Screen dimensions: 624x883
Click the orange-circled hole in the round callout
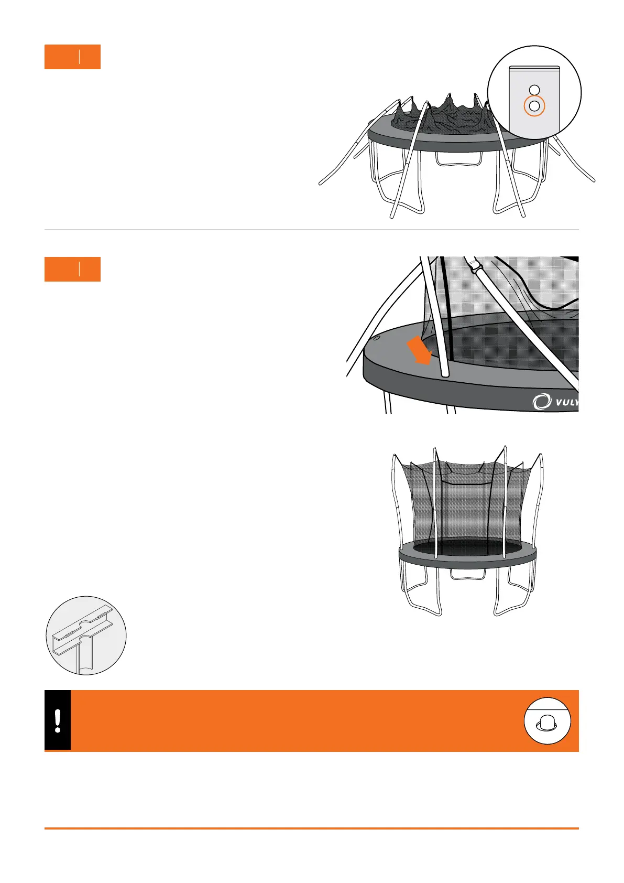pos(534,106)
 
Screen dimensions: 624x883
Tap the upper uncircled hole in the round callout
pos(534,90)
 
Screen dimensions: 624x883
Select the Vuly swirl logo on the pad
pos(541,402)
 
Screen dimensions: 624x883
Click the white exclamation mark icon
pos(58,721)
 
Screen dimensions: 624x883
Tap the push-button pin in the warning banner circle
pos(548,723)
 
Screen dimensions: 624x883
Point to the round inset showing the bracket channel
pos(86,636)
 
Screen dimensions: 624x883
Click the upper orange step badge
pos(72,57)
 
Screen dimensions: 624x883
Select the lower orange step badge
pos(72,270)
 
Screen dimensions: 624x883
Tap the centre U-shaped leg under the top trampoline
pos(456,159)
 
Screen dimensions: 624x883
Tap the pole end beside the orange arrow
pos(445,373)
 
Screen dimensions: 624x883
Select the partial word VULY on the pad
pos(565,403)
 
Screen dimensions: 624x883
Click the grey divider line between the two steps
pos(311,230)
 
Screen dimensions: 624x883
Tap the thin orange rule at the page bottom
pos(311,828)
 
